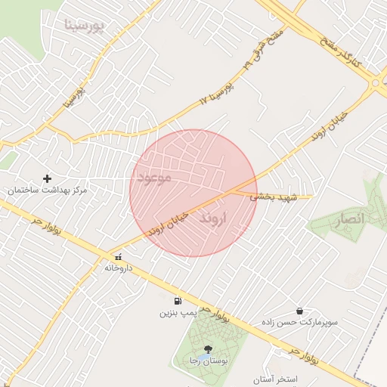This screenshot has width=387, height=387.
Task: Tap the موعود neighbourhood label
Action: coord(156,177)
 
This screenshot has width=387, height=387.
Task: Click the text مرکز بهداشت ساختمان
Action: coord(47,190)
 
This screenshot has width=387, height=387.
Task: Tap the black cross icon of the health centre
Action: coord(48,179)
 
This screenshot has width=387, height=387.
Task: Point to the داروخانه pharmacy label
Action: coord(118,268)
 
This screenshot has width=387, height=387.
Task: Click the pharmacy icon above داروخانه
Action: coord(117,257)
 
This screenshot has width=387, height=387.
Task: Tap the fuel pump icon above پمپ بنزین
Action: coord(178,301)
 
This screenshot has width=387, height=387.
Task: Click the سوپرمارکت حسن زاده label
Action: coord(299,322)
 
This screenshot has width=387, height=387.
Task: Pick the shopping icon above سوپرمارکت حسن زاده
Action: coord(300,311)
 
